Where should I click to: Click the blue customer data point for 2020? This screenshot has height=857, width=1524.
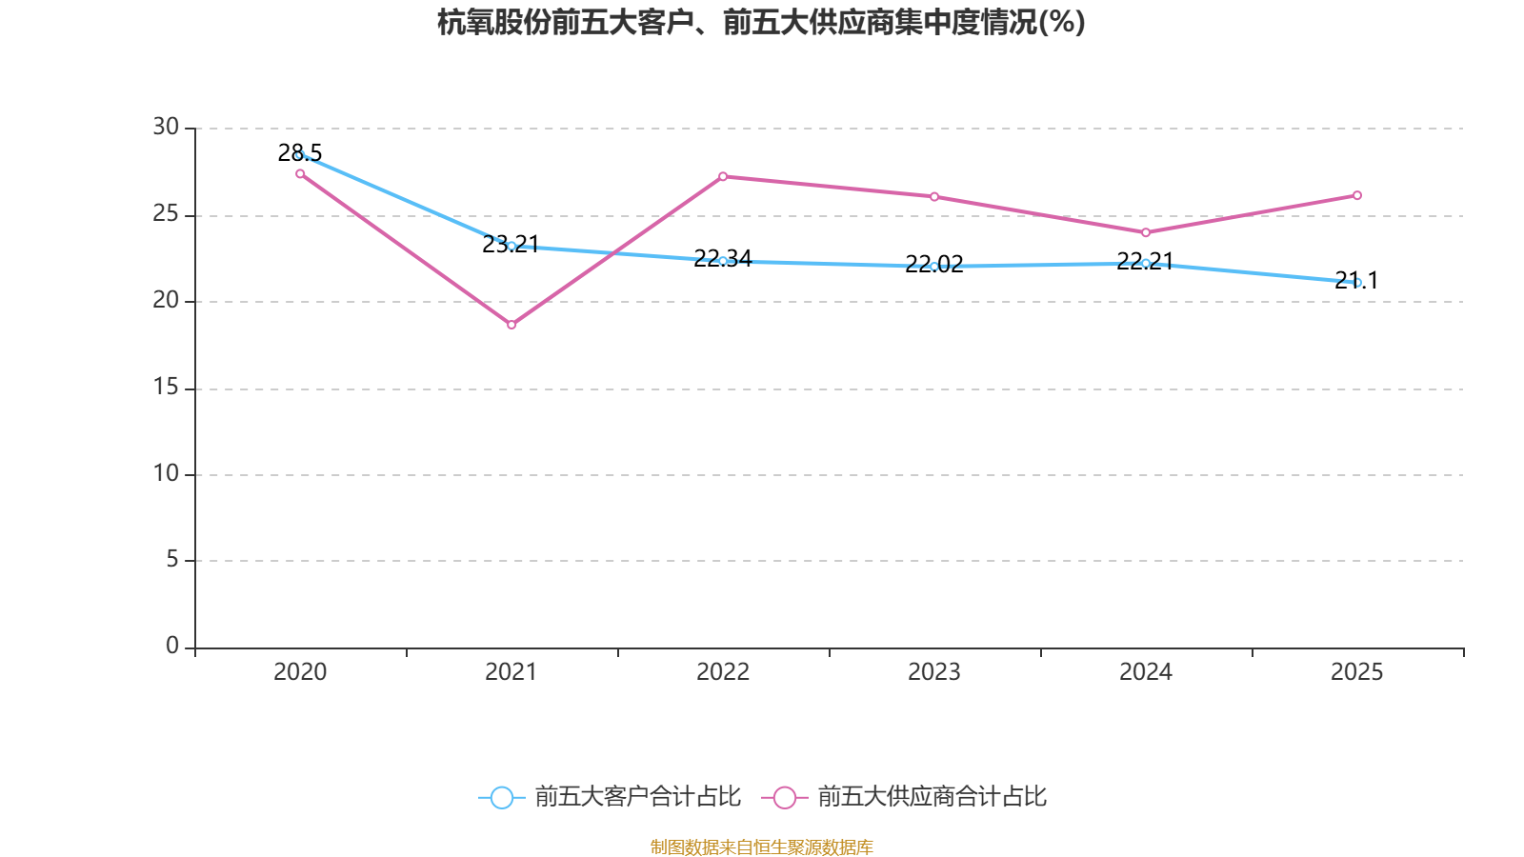300,154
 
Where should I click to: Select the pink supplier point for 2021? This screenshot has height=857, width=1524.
511,325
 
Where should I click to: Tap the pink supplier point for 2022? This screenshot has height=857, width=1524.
723,176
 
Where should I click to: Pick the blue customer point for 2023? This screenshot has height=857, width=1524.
934,267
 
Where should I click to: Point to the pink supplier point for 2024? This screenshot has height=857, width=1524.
1146,232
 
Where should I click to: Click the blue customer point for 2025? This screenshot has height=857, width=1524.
1357,283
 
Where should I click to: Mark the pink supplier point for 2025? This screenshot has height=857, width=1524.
1357,195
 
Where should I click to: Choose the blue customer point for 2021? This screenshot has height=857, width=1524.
511,246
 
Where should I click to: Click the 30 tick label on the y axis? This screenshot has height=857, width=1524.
166,127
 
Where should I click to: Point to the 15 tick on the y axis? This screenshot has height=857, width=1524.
166,387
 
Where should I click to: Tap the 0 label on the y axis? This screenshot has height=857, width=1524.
172,647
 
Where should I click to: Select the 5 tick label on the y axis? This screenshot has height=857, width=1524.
172,560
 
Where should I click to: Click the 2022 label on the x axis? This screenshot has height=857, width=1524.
723,672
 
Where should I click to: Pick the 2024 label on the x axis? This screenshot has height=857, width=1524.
1146,672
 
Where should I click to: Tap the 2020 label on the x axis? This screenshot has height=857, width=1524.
300,672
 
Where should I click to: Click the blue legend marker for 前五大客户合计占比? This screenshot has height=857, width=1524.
501,798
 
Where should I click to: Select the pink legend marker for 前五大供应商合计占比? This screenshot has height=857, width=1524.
785,798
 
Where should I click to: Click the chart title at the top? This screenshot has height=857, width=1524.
761,22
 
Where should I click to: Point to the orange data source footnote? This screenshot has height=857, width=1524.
761,847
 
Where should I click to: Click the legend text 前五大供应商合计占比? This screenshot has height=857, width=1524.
932,797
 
